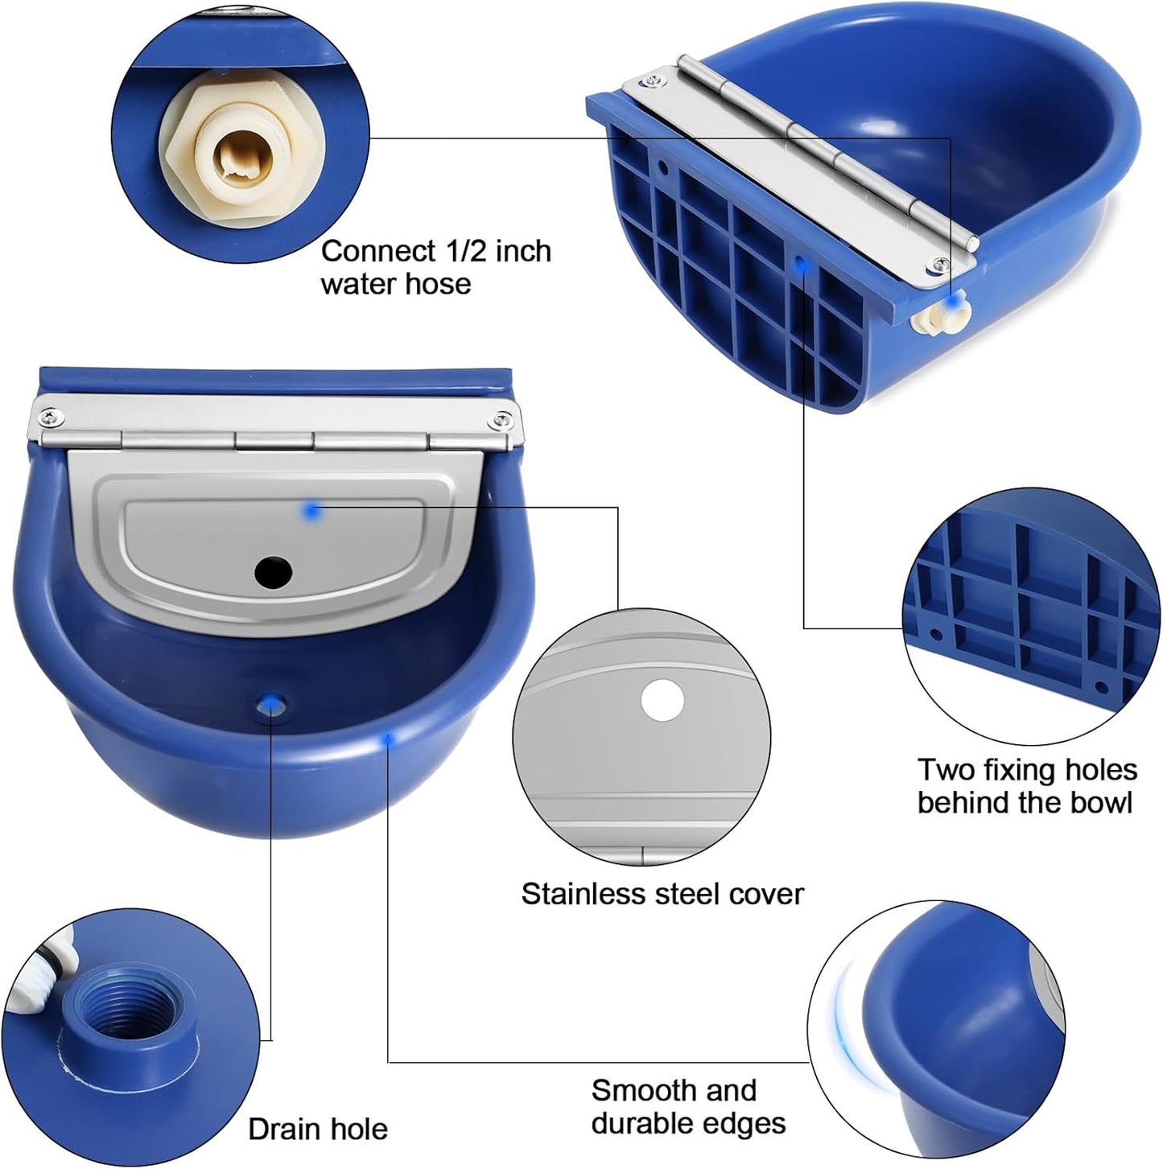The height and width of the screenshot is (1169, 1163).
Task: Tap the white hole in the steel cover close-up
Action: [x=662, y=699]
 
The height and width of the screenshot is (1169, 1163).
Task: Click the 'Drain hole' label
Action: [x=318, y=1129]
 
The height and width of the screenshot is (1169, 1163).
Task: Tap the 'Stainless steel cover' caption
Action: [x=662, y=894]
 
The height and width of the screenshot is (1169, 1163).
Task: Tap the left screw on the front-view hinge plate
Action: [x=50, y=417]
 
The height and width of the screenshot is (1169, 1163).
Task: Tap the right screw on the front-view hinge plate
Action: [x=503, y=418]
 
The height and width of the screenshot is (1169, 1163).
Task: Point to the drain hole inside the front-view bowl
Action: [x=270, y=704]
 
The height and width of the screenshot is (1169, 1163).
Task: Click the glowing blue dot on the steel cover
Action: [x=311, y=509]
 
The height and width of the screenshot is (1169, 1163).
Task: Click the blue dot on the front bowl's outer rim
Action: [x=389, y=738]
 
